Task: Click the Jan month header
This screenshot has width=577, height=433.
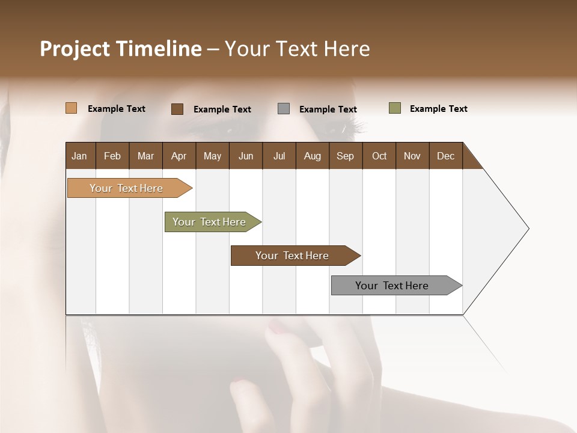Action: point(79,156)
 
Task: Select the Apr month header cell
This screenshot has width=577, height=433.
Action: point(179,156)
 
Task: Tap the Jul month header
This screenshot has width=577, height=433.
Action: point(279,156)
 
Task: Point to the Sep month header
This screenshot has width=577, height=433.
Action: point(345,156)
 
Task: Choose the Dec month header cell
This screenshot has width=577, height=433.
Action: point(445,156)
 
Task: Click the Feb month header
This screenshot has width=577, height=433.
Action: point(112,156)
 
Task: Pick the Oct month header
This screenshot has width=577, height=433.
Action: point(379,156)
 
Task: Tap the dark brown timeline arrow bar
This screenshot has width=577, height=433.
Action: point(293,256)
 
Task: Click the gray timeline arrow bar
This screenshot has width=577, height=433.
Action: point(392,286)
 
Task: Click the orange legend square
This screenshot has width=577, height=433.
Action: point(72,108)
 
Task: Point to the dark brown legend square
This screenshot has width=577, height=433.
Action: point(177,109)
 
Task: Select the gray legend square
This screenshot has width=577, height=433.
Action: point(284,109)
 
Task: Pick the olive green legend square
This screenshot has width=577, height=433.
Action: point(395,108)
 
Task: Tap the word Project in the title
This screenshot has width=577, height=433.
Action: point(75,49)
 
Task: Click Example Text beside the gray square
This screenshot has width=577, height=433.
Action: point(328,109)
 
